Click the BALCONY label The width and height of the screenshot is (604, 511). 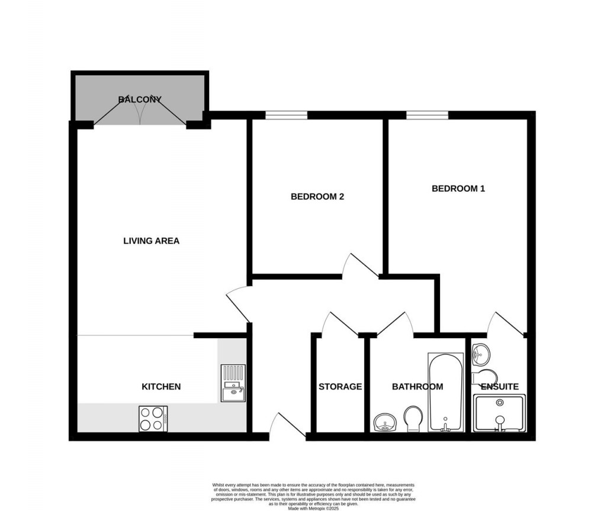[x=140, y=99]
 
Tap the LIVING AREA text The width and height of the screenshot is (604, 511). [x=151, y=241]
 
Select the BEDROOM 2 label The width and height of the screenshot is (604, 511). [x=317, y=197]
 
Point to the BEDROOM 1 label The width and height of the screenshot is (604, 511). [x=458, y=189]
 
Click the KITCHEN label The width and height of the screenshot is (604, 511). [x=160, y=387]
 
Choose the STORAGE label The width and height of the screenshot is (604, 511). [x=340, y=387]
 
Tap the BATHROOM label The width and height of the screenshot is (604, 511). [x=417, y=387]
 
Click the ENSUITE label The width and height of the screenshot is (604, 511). [x=499, y=387]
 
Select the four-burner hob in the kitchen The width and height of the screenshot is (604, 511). [x=153, y=419]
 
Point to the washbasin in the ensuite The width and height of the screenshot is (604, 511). [x=481, y=355]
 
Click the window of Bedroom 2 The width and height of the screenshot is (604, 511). [x=286, y=115]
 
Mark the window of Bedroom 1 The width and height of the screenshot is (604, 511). [x=427, y=115]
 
